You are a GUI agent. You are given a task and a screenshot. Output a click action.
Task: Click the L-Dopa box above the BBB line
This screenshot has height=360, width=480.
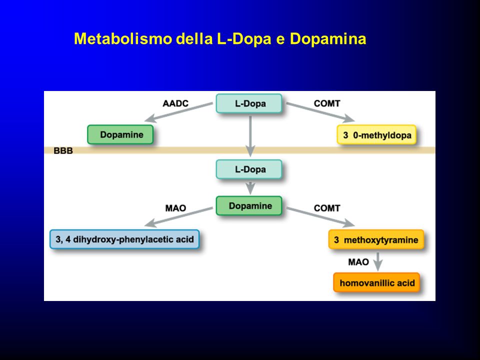click(x=249, y=103)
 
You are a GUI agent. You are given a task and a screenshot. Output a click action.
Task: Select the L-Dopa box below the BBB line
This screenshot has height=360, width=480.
click(x=249, y=169)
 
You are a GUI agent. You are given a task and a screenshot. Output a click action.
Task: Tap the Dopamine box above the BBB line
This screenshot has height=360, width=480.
click(x=120, y=134)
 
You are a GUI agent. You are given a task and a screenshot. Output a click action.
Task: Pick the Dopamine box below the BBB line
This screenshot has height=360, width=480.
click(x=249, y=205)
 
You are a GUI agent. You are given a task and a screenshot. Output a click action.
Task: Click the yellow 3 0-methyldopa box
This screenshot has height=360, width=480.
click(x=376, y=134)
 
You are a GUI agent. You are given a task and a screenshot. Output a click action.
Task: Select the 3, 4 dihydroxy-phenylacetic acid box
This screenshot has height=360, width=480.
click(x=124, y=239)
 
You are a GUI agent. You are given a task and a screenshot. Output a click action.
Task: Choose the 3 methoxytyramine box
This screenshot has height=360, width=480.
click(x=376, y=239)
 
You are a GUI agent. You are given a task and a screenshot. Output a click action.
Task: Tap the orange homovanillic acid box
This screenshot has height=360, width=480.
click(x=376, y=282)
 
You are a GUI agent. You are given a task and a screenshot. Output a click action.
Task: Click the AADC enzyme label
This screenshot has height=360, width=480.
click(x=175, y=103)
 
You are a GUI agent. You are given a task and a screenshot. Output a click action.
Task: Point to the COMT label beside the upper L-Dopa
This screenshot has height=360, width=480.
click(x=327, y=103)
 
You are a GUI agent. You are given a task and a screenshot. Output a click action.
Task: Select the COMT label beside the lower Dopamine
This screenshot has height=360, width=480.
click(x=327, y=208)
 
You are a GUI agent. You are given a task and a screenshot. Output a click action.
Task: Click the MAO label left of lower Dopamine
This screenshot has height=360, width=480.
click(x=175, y=208)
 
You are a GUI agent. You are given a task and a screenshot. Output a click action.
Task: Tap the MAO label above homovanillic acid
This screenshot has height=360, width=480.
click(x=358, y=262)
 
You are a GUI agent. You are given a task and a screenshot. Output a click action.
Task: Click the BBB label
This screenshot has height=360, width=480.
click(x=63, y=150)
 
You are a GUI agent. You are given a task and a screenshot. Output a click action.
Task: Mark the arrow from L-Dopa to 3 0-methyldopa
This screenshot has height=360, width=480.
click(x=320, y=112)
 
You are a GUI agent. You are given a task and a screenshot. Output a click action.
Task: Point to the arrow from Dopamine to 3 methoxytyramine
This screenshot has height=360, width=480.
click(x=320, y=216)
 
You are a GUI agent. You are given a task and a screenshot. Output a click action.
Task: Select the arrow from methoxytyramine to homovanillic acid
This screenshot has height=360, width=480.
click(x=378, y=261)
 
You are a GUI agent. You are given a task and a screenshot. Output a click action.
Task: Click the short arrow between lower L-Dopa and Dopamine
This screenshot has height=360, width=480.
click(x=250, y=188)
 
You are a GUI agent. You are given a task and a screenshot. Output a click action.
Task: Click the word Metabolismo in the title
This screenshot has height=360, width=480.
click(x=123, y=39)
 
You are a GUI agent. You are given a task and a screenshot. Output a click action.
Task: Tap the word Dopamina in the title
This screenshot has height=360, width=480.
click(x=328, y=39)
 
